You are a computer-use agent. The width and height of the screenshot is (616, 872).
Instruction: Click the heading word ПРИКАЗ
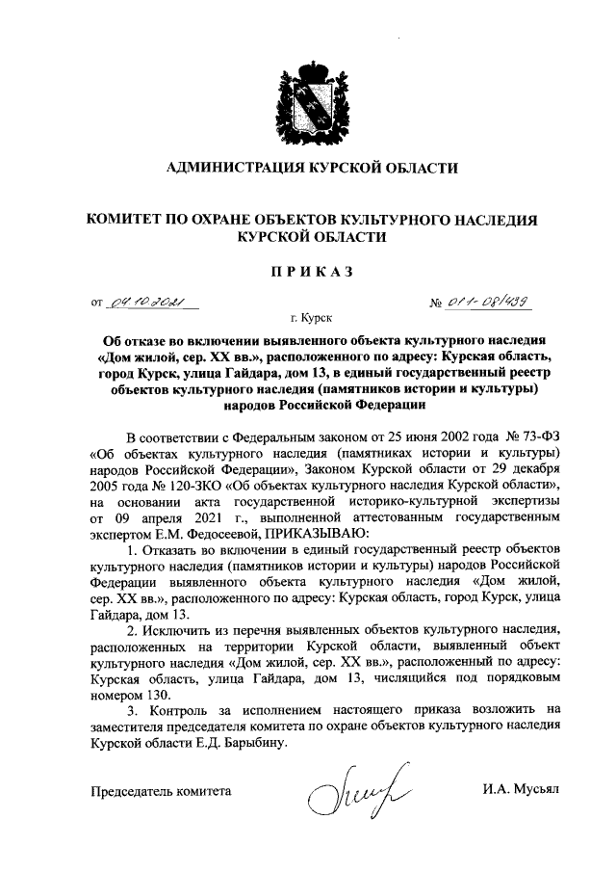(309, 273)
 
